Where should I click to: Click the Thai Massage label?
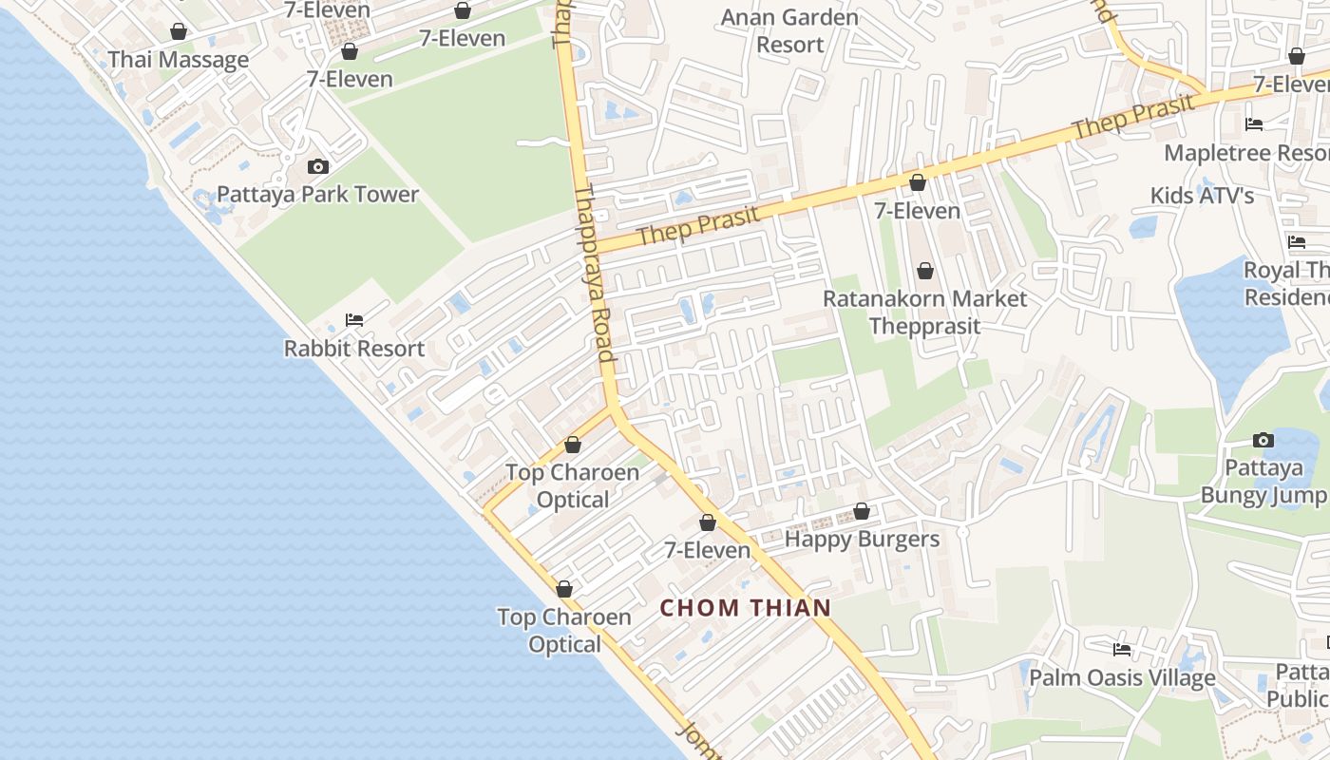pyautogui.click(x=178, y=60)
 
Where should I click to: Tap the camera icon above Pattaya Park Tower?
pyautogui.click(x=318, y=167)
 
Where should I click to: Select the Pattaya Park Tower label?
pyautogui.click(x=317, y=195)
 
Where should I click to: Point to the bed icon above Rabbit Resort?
pyautogui.click(x=354, y=320)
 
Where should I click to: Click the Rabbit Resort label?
pyautogui.click(x=354, y=349)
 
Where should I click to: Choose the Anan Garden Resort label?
pyautogui.click(x=789, y=30)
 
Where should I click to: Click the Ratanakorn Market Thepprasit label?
pyautogui.click(x=924, y=312)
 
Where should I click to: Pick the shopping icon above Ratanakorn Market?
pyautogui.click(x=924, y=272)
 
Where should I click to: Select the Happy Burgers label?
pyautogui.click(x=862, y=540)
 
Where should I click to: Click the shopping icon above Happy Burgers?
pyautogui.click(x=862, y=512)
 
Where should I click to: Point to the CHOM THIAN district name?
pyautogui.click(x=746, y=608)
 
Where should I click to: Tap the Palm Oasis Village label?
pyautogui.click(x=1122, y=678)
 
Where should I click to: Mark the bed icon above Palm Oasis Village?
pyautogui.click(x=1122, y=650)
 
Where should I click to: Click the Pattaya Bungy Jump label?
pyautogui.click(x=1263, y=481)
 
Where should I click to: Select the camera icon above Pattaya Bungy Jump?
pyautogui.click(x=1263, y=440)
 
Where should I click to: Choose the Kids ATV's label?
pyautogui.click(x=1202, y=196)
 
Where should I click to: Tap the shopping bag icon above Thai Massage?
pyautogui.click(x=178, y=32)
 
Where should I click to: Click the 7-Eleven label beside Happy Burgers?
pyautogui.click(x=707, y=550)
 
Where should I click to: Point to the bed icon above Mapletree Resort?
pyautogui.click(x=1254, y=124)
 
